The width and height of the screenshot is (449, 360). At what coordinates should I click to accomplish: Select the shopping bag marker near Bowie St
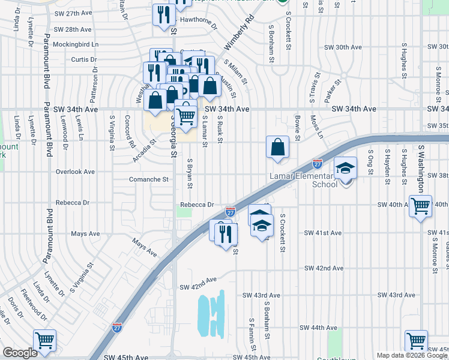(x=277, y=147)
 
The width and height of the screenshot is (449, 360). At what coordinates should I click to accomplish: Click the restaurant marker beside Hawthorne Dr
(x=163, y=15)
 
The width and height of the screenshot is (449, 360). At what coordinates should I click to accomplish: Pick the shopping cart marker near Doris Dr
(x=45, y=340)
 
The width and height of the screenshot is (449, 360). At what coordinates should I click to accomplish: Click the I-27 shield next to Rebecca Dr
(x=230, y=212)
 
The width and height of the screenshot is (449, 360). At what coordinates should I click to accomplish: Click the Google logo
(x=20, y=353)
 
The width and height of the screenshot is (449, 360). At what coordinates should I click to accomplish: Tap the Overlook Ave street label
(x=75, y=172)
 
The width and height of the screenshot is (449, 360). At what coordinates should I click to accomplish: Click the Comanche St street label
(x=148, y=179)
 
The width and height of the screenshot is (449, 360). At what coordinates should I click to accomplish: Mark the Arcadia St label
(x=144, y=151)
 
